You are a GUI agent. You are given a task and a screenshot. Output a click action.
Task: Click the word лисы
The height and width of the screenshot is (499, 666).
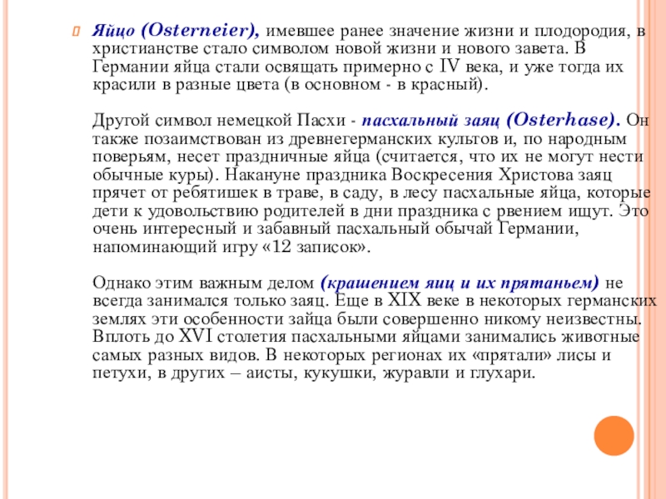pyautogui.click(x=582, y=355)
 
